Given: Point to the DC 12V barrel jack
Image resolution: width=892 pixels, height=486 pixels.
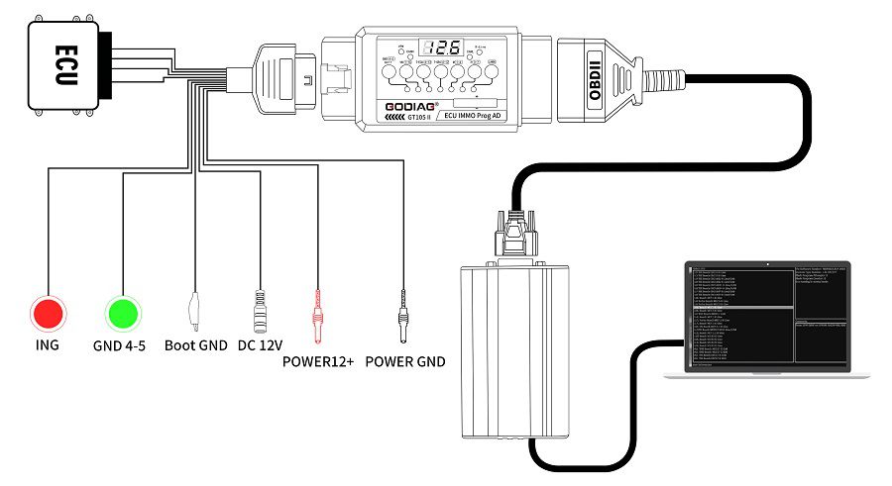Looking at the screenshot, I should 262,309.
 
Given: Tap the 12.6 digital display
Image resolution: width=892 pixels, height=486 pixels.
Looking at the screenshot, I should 440,49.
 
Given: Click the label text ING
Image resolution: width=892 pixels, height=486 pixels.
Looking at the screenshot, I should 47,346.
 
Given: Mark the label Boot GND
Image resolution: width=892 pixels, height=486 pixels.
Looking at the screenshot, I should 195,346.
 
